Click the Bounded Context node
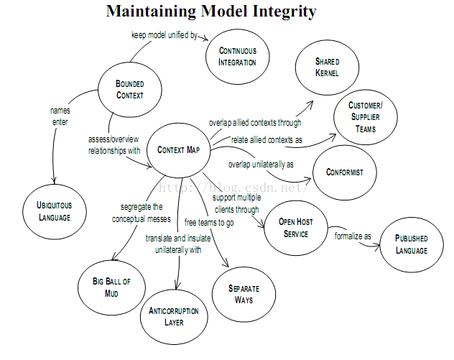pyautogui.click(x=130, y=90)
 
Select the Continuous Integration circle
pyautogui.click(x=238, y=57)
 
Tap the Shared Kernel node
pyautogui.click(x=327, y=68)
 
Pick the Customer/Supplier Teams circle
pyautogui.click(x=366, y=117)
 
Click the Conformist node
pyautogui.click(x=345, y=172)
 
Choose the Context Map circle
pyautogui.click(x=178, y=150)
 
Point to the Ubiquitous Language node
pyautogui.click(x=55, y=212)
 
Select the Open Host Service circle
pyautogui.click(x=296, y=228)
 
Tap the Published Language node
pyautogui.click(x=412, y=245)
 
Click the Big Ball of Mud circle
pyautogui.click(x=111, y=287)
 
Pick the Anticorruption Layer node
pyautogui.click(x=174, y=317)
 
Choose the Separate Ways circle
pyautogui.click(x=244, y=295)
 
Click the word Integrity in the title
pyautogui.click(x=284, y=11)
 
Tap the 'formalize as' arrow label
pyautogui.click(x=353, y=236)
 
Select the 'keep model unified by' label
pyautogui.click(x=165, y=35)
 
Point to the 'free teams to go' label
pyautogui.click(x=209, y=223)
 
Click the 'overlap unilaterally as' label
pyautogui.click(x=261, y=165)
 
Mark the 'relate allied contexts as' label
pyautogui.click(x=267, y=140)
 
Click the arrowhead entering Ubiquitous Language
pyautogui.click(x=54, y=181)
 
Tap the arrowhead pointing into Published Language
pyautogui.click(x=377, y=247)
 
